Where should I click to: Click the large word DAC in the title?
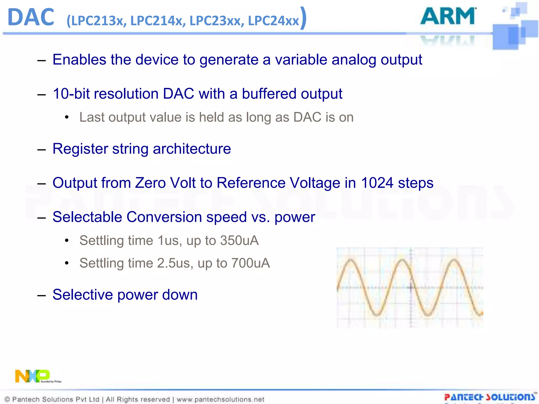tap(31, 17)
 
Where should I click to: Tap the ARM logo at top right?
tap(448, 16)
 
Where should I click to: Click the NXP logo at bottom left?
tap(32, 376)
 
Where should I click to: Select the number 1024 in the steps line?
tap(377, 183)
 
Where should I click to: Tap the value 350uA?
tap(239, 240)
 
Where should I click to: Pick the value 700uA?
tap(251, 263)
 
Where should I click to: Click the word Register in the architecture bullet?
tap(80, 149)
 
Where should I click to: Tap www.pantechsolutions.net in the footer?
tap(220, 400)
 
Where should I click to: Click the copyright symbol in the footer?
tap(7, 400)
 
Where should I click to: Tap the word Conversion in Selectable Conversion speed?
tap(164, 217)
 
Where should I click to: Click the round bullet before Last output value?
tap(67, 117)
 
